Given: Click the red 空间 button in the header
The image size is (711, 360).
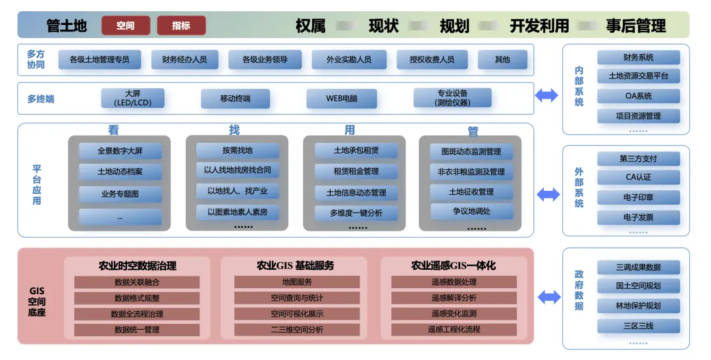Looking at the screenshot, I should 126,26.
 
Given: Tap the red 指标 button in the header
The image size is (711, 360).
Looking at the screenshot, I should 181,26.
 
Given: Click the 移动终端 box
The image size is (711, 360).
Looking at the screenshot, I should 235,99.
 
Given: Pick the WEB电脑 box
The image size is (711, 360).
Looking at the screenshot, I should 342,99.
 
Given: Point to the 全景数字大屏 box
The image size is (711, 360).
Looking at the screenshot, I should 120,151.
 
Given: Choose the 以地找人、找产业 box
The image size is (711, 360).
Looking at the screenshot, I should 238,192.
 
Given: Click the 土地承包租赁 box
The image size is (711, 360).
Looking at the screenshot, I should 356,151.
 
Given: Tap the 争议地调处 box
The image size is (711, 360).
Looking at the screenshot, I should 471,211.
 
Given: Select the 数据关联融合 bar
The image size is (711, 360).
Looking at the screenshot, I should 137,282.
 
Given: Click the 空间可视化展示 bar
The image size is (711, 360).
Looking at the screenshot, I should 297,314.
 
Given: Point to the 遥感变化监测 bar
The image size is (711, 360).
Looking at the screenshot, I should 454,314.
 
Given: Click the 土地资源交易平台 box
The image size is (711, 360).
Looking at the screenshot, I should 639,76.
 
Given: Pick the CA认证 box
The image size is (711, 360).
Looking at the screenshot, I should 639,178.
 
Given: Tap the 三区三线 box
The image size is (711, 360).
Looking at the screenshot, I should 639,326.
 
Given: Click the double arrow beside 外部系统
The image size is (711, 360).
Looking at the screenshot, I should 548,195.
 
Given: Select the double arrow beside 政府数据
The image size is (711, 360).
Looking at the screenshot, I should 548,297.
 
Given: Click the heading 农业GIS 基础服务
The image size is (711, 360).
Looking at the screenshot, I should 296,266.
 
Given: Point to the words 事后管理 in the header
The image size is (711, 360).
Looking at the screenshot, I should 636,26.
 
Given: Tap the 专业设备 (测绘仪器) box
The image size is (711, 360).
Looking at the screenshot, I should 452,98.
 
